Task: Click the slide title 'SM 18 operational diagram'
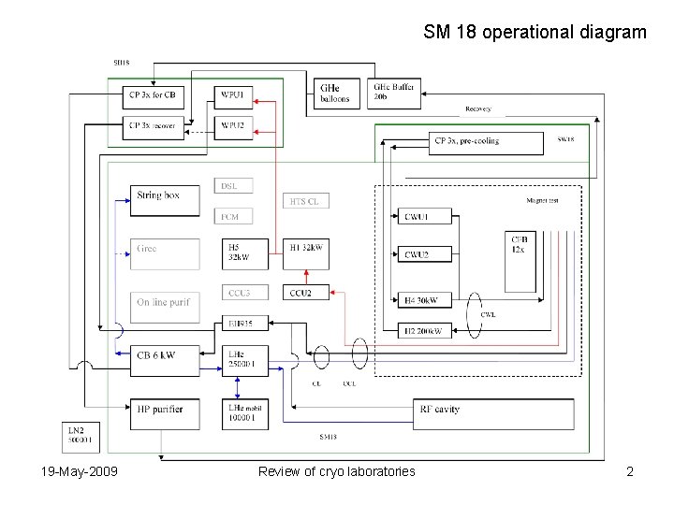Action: [x=535, y=33]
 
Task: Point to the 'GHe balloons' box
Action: [x=335, y=93]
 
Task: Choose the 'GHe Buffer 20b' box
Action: [x=393, y=91]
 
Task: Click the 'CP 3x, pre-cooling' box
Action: [x=488, y=142]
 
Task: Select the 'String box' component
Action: [x=167, y=195]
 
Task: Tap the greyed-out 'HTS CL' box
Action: [x=305, y=201]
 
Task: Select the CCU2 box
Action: [x=305, y=293]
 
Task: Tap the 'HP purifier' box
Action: [x=167, y=409]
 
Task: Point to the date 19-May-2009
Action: [x=80, y=471]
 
